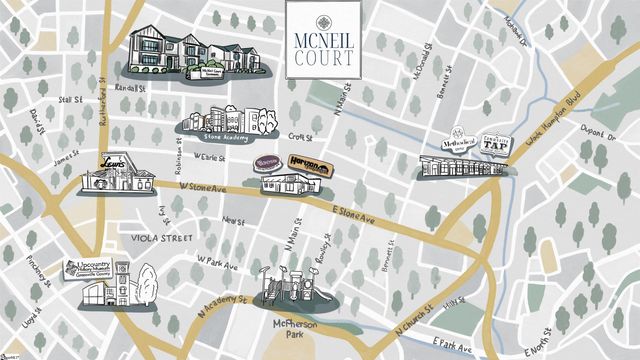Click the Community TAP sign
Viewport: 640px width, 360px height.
[x=496, y=143]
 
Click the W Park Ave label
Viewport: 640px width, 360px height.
[x=217, y=263]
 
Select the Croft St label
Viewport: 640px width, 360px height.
[x=301, y=136]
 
